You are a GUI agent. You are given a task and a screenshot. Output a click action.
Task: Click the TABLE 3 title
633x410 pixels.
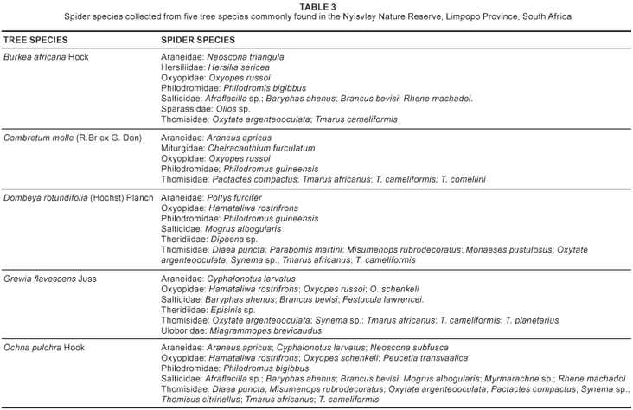pyautogui.click(x=316, y=7)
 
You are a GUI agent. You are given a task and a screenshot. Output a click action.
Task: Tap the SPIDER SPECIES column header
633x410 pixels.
pyautogui.click(x=198, y=41)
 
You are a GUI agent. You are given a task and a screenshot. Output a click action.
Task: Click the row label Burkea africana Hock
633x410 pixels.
pyautogui.click(x=46, y=57)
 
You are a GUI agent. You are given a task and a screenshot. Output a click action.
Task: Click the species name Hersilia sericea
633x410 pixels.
pyautogui.click(x=238, y=67)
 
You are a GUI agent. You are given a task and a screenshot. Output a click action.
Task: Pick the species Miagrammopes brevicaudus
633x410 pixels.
pyautogui.click(x=263, y=330)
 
